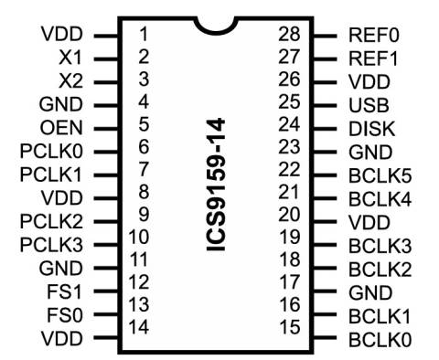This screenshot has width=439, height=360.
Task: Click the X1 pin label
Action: (70, 57)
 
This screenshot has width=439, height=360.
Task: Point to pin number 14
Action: (139, 327)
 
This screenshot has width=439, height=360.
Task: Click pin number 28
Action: (290, 34)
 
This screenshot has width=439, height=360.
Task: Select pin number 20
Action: (290, 215)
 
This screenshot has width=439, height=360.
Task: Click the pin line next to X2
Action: (106, 80)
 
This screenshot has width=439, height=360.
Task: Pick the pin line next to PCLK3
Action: (106, 244)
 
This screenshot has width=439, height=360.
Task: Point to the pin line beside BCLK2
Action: (326, 269)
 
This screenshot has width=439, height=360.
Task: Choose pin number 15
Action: (290, 326)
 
